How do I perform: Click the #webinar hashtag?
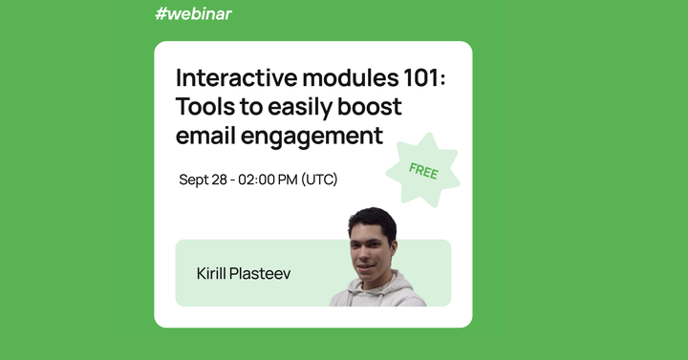pyautogui.click(x=192, y=13)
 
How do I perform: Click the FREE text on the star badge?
pyautogui.click(x=422, y=171)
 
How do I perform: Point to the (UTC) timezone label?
pyautogui.click(x=319, y=180)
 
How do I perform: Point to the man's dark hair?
pyautogui.click(x=374, y=221)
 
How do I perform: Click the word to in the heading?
pyautogui.click(x=244, y=106)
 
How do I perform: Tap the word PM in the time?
pyautogui.click(x=286, y=180)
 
